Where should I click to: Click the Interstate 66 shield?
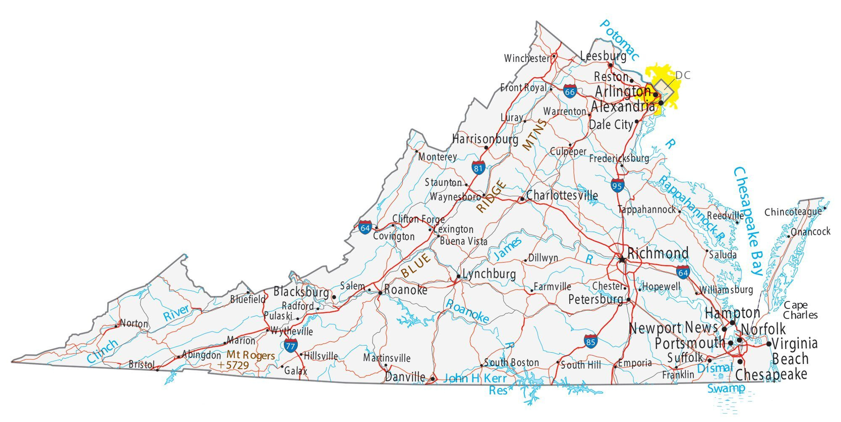pyautogui.click(x=570, y=92)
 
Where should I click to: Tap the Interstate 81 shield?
pyautogui.click(x=478, y=168)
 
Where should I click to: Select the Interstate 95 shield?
pyautogui.click(x=617, y=185)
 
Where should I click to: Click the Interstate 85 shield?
pyautogui.click(x=590, y=341)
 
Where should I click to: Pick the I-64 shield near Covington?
pyautogui.click(x=365, y=227)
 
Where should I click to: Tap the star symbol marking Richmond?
pyautogui.click(x=622, y=259)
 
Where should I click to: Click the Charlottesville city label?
pyautogui.click(x=562, y=195)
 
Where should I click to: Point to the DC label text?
pyautogui.click(x=682, y=75)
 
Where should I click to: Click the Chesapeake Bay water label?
pyautogui.click(x=748, y=221)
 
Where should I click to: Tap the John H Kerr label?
pyautogui.click(x=475, y=378)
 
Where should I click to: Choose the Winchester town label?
pyautogui.click(x=526, y=58)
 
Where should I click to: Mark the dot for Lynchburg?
pyautogui.click(x=458, y=277)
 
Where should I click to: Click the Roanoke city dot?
pyautogui.click(x=380, y=293)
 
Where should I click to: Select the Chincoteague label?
pyautogui.click(x=793, y=212)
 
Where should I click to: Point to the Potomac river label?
pyautogui.click(x=619, y=40)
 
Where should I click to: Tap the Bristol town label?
pyautogui.click(x=141, y=364)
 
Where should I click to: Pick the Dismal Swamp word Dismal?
pyautogui.click(x=714, y=368)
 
